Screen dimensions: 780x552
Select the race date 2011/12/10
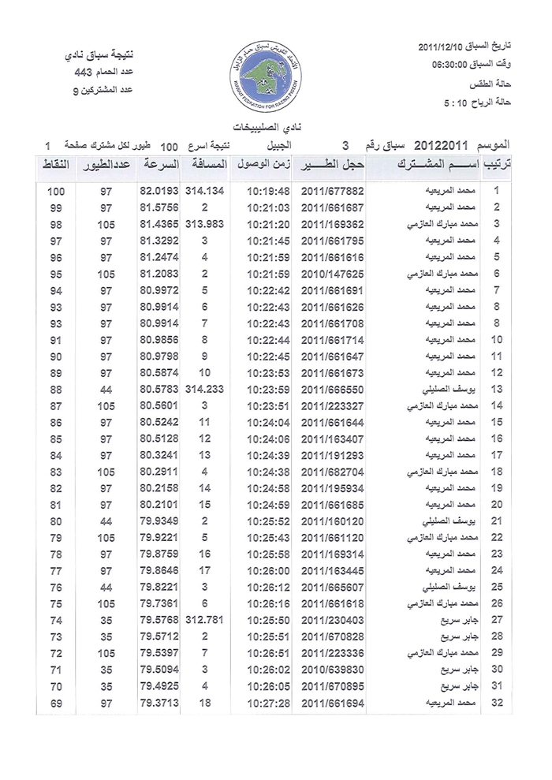coord(447,47)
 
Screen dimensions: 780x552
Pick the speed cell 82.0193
coord(159,191)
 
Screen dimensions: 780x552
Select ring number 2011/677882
coord(332,191)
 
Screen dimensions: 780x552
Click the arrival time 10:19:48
coord(268,191)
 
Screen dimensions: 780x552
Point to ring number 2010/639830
coord(332,669)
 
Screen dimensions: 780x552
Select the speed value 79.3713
coord(159,702)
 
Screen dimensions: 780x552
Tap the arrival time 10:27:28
coord(268,702)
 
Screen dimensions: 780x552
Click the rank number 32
coord(497,702)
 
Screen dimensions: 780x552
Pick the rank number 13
coord(497,389)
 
